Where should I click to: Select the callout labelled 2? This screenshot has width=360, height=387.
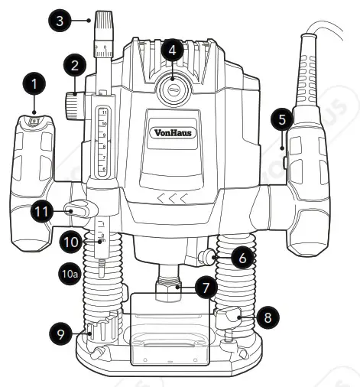pyautogui.click(x=73, y=67)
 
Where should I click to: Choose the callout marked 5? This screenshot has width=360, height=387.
pyautogui.click(x=281, y=119)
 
